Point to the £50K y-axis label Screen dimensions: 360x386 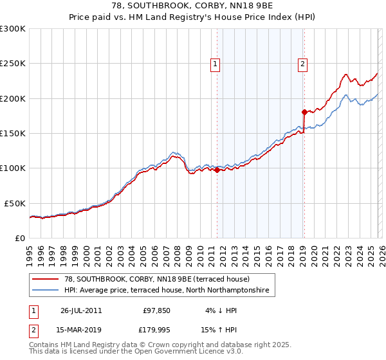(15, 203)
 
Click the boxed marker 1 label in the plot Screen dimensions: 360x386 (214, 64)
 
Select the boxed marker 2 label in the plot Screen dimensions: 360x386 (302, 64)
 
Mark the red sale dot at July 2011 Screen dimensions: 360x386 (217, 170)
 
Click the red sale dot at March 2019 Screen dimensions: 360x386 (304, 113)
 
